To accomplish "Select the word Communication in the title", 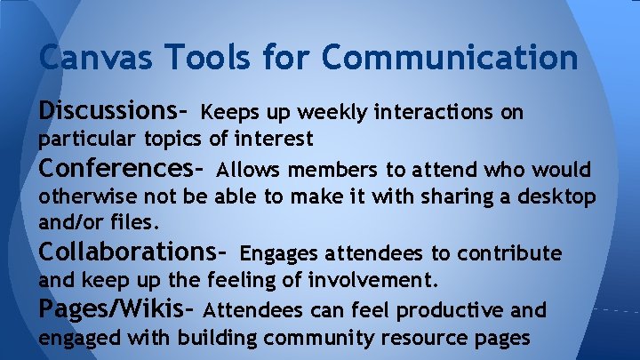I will click(451, 58).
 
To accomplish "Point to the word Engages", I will click(278, 254).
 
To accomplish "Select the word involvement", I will click(372, 282).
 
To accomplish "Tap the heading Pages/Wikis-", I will click(116, 310).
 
